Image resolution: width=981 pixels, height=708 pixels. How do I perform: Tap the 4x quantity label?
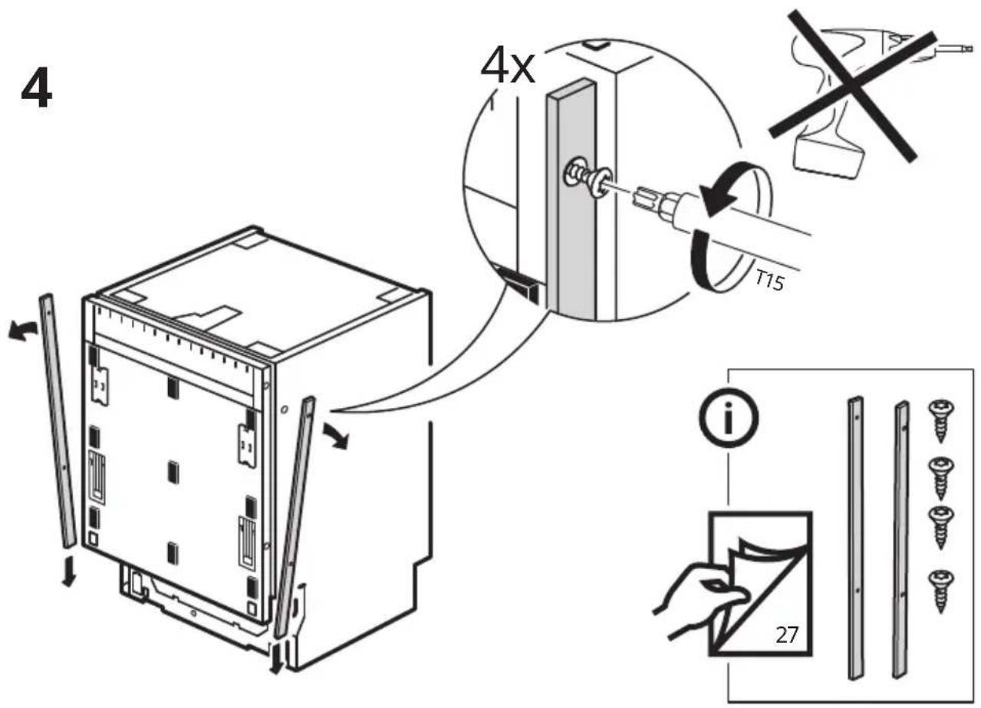[508, 67]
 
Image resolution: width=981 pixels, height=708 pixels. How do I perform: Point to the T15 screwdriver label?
[769, 281]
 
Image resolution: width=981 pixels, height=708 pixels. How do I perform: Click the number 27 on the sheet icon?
[786, 634]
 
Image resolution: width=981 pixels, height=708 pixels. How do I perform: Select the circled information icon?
[729, 418]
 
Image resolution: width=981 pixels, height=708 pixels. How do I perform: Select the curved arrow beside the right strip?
[336, 436]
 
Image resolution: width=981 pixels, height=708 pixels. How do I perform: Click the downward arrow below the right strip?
[275, 659]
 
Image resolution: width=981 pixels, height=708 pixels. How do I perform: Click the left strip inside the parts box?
[856, 538]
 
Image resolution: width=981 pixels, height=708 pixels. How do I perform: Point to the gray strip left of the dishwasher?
[58, 420]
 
